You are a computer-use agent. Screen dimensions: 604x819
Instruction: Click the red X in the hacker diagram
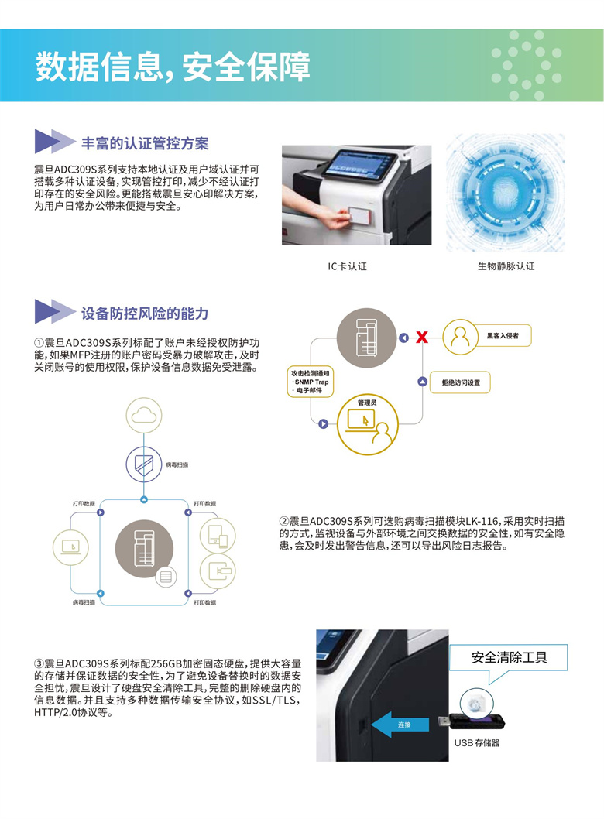tap(422, 338)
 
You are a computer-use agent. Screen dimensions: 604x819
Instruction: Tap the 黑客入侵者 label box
tap(503, 336)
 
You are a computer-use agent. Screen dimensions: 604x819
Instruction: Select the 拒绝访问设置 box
tap(460, 382)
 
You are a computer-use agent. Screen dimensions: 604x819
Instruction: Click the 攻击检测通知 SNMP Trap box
tap(311, 382)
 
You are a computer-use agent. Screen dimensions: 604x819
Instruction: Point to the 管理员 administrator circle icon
tap(368, 424)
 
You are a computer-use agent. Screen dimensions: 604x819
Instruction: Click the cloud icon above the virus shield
tap(144, 415)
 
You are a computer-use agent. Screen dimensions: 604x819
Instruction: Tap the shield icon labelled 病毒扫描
tap(144, 464)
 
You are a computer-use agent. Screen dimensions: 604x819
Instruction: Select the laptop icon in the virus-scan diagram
tap(70, 547)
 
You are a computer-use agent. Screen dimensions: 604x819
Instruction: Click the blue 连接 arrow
tap(400, 725)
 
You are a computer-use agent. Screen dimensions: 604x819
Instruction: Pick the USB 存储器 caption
tap(476, 742)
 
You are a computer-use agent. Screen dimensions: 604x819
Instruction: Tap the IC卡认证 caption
tap(348, 266)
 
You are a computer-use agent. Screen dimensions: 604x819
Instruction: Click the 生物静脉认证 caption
tap(506, 266)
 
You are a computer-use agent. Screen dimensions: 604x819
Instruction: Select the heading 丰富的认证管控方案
tap(145, 144)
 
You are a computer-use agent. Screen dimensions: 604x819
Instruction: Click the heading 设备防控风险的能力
tap(145, 314)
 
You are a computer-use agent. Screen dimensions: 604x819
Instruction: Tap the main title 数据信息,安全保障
tap(173, 67)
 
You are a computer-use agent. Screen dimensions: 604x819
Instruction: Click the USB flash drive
tap(471, 722)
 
